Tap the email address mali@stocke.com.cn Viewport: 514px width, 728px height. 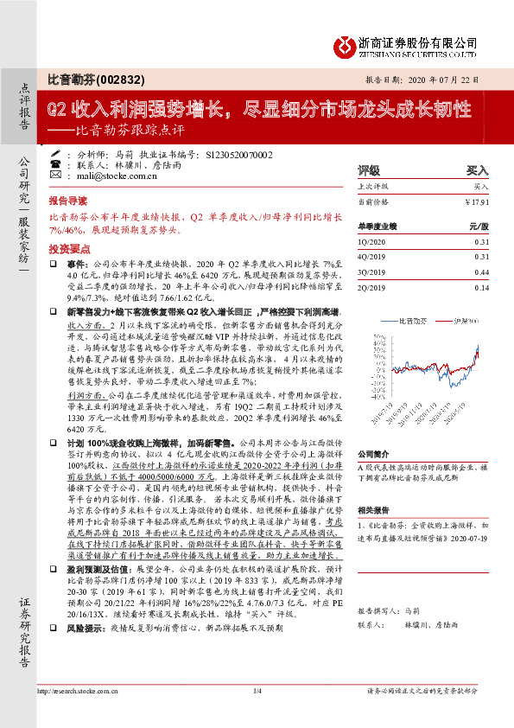pyautogui.click(x=107, y=173)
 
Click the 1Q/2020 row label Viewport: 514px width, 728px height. pyautogui.click(x=371, y=242)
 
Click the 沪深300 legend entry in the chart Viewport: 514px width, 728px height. pyautogui.click(x=467, y=320)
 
